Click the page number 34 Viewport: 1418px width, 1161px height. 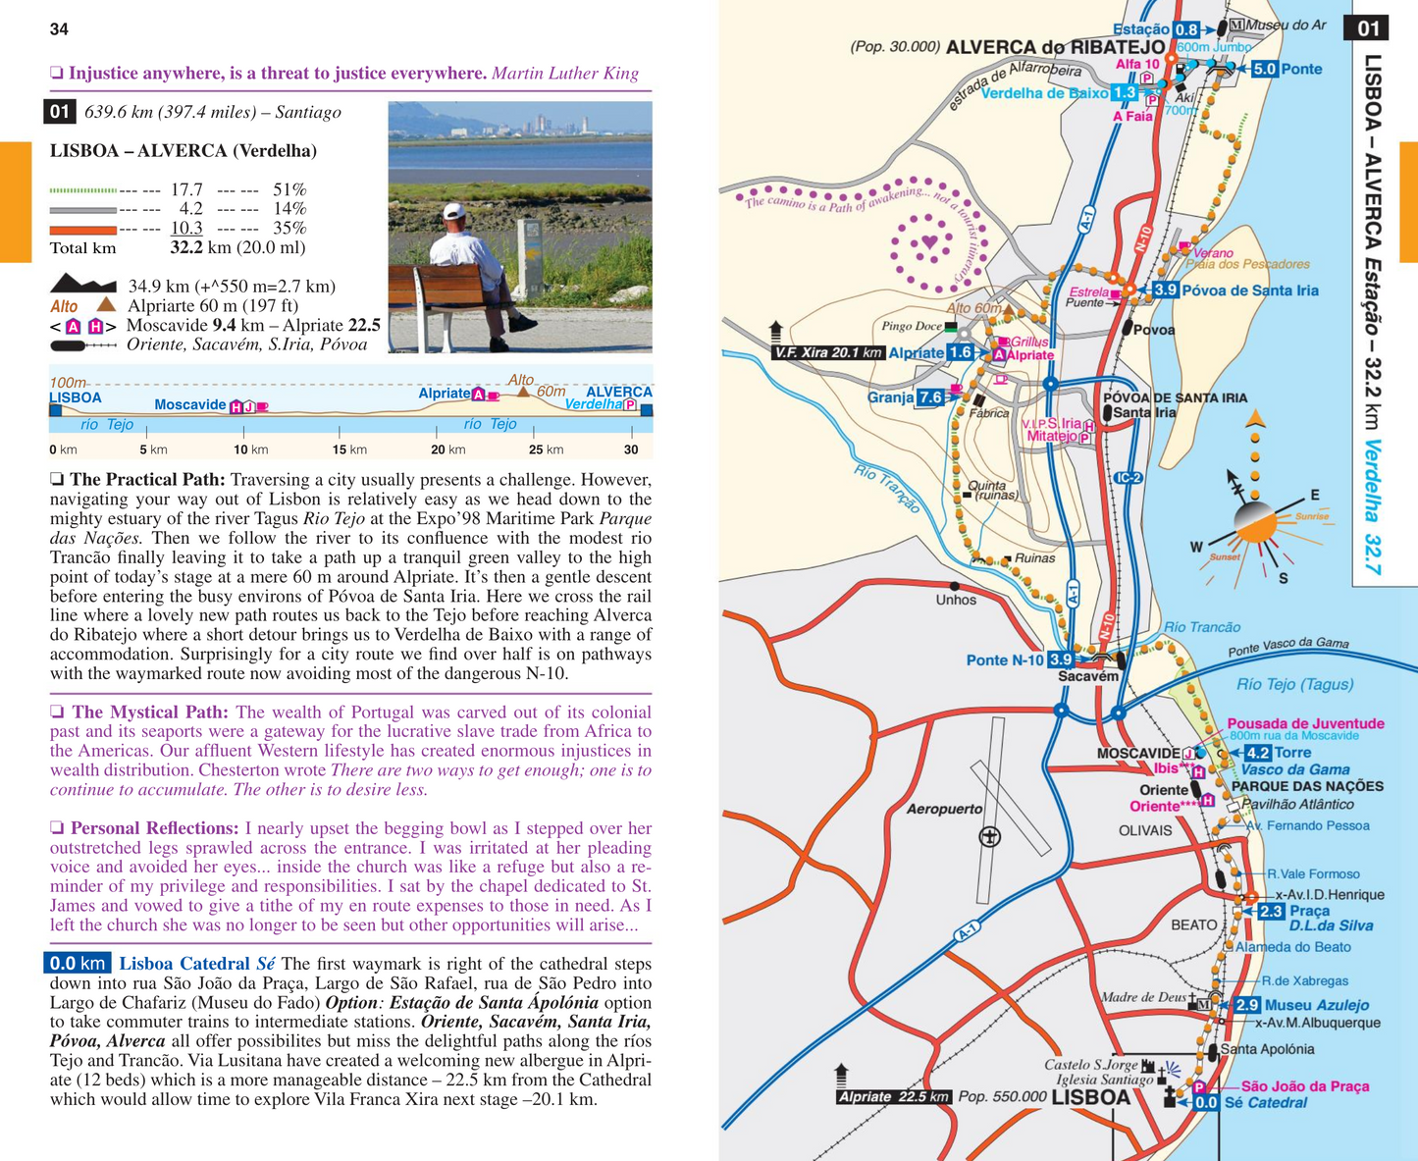(59, 29)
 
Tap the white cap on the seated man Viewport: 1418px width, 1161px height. (453, 211)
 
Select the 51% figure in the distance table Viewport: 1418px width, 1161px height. (289, 189)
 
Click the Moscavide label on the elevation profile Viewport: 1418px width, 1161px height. (190, 404)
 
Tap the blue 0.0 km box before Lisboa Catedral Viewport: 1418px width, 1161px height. (78, 964)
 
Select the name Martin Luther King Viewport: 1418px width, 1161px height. (564, 74)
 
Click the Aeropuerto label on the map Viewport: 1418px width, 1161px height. (944, 810)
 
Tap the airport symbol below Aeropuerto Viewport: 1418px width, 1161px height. (990, 836)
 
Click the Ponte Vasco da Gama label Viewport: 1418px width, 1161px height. (1287, 648)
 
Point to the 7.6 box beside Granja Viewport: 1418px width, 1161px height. (930, 397)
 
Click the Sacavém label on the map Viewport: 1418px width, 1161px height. (1087, 676)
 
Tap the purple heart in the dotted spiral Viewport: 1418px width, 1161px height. (929, 241)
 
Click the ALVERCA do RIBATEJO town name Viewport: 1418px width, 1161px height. (1055, 47)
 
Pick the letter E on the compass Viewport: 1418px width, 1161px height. (1315, 496)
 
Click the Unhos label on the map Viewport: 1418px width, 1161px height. (956, 600)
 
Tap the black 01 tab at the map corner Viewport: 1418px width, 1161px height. (1368, 28)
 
